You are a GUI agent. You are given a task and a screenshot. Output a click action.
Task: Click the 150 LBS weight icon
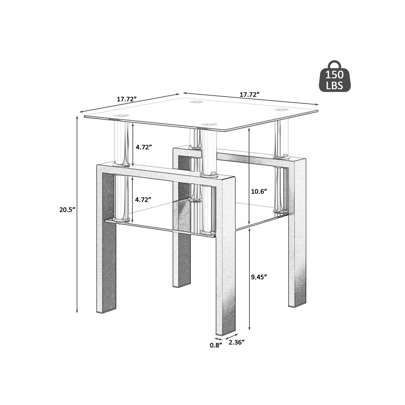pyautogui.click(x=334, y=77)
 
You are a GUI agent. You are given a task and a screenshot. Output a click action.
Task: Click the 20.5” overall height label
pyautogui.click(x=66, y=210)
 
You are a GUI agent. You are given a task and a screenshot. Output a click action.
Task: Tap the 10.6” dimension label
pyautogui.click(x=260, y=192)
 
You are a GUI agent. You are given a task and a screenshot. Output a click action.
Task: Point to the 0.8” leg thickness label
pyautogui.click(x=216, y=345)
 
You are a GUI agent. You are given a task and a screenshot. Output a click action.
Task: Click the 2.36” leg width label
pyautogui.click(x=237, y=342)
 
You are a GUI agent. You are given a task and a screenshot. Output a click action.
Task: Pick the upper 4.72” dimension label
pyautogui.click(x=143, y=147)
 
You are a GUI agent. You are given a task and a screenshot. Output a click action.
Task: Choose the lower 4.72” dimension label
pyautogui.click(x=143, y=199)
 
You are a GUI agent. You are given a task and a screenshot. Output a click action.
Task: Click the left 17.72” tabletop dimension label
pyautogui.click(x=127, y=99)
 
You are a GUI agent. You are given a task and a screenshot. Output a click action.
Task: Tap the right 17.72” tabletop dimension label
pyautogui.click(x=249, y=95)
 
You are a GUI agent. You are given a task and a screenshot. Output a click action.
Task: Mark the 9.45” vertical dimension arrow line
pyautogui.click(x=249, y=279)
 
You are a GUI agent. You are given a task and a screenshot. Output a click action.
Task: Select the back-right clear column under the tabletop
pyautogui.click(x=281, y=139)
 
